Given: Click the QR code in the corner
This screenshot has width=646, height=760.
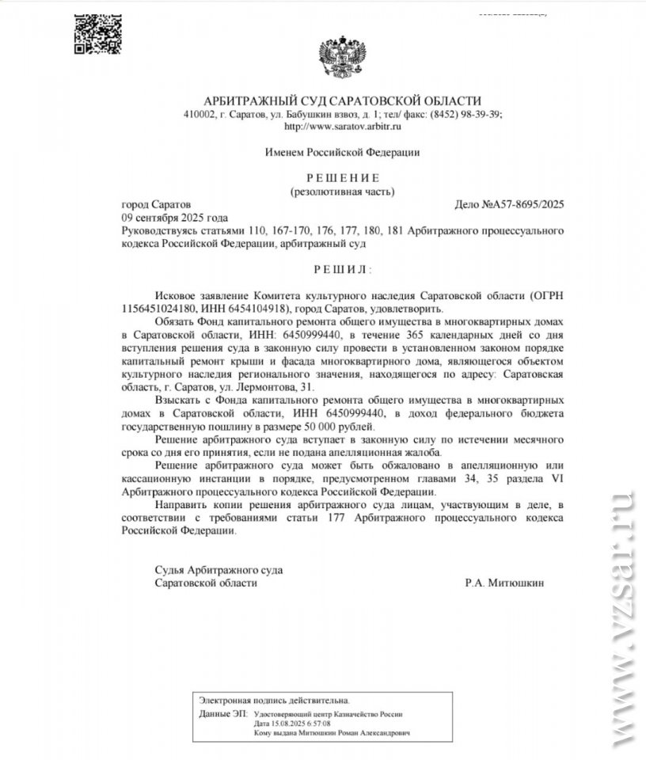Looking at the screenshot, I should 93,34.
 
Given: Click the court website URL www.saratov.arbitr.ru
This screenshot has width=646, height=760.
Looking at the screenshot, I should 343,126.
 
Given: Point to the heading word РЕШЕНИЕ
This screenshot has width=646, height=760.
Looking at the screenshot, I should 343,177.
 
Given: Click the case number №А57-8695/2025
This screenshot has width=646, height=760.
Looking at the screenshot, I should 510,204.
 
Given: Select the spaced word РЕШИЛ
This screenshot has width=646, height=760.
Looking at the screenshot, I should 342,270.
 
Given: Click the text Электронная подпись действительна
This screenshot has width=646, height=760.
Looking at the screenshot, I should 273,701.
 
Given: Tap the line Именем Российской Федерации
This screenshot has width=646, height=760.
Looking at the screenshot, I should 342,151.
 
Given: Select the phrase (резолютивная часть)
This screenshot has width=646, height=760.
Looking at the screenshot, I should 342,191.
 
